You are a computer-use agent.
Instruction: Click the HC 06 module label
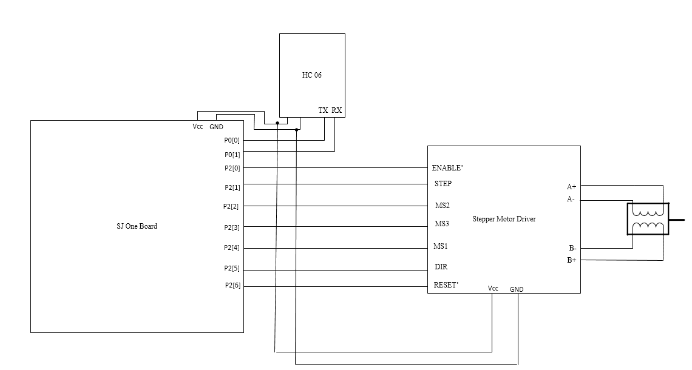(x=311, y=75)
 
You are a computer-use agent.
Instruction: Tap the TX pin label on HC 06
(x=323, y=110)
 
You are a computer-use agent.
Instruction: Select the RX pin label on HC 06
(x=336, y=110)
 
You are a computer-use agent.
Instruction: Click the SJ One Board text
(x=137, y=226)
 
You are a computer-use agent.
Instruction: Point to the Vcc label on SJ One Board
(x=198, y=127)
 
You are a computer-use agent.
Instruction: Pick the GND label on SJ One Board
(x=216, y=127)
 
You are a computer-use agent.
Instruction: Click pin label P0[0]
(x=232, y=140)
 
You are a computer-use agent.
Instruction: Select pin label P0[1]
(x=232, y=155)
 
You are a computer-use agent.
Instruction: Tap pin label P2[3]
(x=232, y=227)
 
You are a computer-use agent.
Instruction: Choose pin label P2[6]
(x=232, y=285)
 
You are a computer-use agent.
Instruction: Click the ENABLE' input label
(x=447, y=168)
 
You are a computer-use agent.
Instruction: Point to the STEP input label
(x=443, y=184)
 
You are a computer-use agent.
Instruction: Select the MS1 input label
(x=441, y=246)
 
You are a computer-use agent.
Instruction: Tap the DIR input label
(x=441, y=267)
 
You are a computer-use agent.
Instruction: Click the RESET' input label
(x=446, y=285)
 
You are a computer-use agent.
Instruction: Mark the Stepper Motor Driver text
(x=504, y=219)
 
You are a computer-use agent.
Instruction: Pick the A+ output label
(x=572, y=187)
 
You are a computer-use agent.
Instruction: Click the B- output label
(x=572, y=248)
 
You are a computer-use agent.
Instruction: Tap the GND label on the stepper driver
(x=517, y=290)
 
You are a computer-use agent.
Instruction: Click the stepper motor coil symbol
(x=648, y=219)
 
